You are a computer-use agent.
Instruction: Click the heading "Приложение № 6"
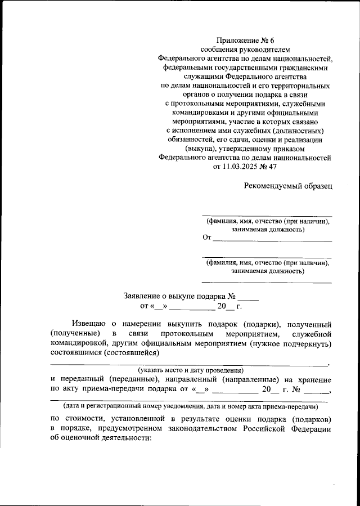tap(245, 40)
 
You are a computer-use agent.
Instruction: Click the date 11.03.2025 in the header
tap(242, 167)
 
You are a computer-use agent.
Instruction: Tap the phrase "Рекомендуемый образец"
tap(288, 185)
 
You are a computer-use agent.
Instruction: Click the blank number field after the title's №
tap(247, 297)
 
